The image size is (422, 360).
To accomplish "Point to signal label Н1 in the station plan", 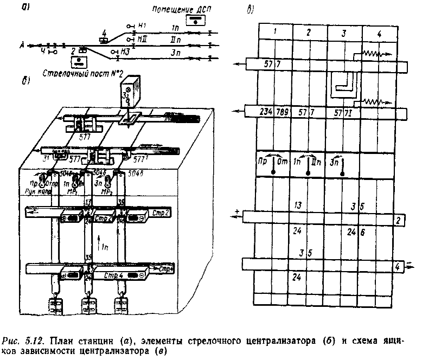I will [x=142, y=25].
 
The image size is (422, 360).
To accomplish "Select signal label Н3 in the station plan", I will [x=125, y=51].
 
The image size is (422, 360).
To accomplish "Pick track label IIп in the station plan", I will [x=175, y=39].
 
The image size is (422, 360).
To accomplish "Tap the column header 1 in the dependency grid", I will [x=276, y=33].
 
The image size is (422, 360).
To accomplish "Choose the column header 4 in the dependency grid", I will [x=379, y=34].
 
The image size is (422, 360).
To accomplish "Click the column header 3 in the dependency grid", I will [x=344, y=33].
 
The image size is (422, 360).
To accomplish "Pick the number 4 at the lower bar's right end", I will [x=398, y=267].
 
